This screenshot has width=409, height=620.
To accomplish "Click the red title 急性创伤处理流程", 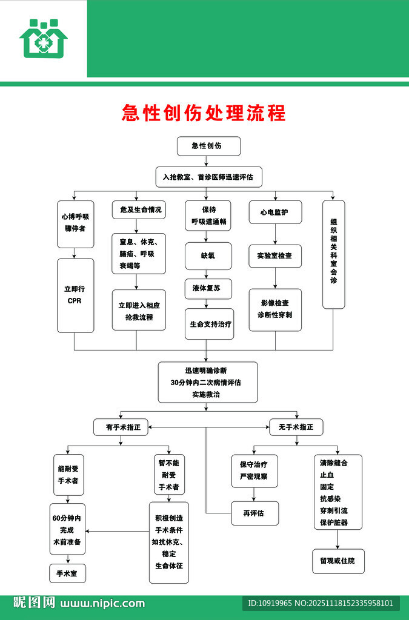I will pyautogui.click(x=204, y=113).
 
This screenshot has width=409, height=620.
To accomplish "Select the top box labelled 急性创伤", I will pyautogui.click(x=208, y=146).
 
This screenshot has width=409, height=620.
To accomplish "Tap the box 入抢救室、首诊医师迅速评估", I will pyautogui.click(x=208, y=177).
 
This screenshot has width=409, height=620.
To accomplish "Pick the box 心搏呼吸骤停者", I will pyautogui.click(x=76, y=223).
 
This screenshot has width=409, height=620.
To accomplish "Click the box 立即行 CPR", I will pyautogui.click(x=75, y=295).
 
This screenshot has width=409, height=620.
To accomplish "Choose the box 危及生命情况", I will pyautogui.click(x=139, y=209).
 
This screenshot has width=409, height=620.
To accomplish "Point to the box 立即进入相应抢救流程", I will pyautogui.click(x=139, y=311).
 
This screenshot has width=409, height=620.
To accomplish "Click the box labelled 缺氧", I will pyautogui.click(x=208, y=256).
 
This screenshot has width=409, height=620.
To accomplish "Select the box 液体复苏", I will pyautogui.click(x=207, y=289).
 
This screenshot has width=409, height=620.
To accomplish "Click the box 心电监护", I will pyautogui.click(x=275, y=212).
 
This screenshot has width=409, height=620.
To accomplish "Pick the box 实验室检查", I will pyautogui.click(x=275, y=256).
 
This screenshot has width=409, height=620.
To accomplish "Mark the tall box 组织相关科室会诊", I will pyautogui.click(x=333, y=254).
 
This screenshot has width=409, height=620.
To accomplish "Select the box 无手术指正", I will pyautogui.click(x=296, y=427).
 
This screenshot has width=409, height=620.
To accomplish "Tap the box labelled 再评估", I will pyautogui.click(x=254, y=513).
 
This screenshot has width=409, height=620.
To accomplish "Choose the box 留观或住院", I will pyautogui.click(x=338, y=561).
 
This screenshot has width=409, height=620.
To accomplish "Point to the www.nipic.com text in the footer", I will pyautogui.click(x=102, y=603).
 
